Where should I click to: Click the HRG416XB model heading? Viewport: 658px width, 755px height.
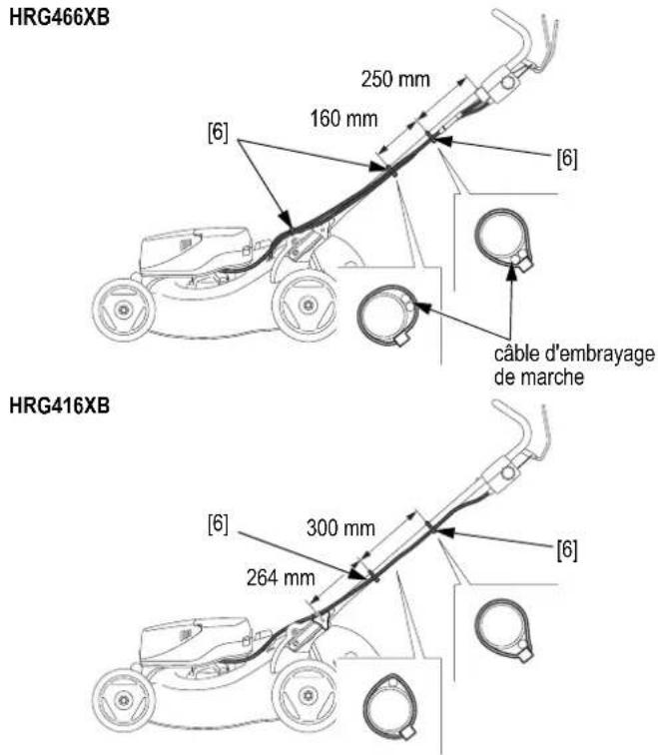(x=59, y=405)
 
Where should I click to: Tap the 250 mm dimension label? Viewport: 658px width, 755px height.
(x=395, y=79)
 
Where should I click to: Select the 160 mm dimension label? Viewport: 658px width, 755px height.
(x=343, y=119)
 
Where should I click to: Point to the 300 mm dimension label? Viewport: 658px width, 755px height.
(x=340, y=528)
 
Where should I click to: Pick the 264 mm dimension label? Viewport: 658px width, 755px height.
(x=281, y=577)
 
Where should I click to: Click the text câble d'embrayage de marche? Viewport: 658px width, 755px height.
(x=574, y=366)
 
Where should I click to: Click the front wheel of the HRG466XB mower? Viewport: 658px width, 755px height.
(x=123, y=309)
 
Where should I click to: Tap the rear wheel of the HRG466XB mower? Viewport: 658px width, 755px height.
(x=305, y=305)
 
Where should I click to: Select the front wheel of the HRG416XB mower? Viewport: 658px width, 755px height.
(x=123, y=698)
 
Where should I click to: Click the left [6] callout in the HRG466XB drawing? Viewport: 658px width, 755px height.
(x=218, y=132)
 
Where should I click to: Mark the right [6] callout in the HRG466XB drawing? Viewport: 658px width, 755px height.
(x=567, y=158)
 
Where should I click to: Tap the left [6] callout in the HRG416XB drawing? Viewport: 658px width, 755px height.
(x=218, y=523)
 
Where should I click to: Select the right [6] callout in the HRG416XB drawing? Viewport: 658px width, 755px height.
(x=567, y=549)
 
